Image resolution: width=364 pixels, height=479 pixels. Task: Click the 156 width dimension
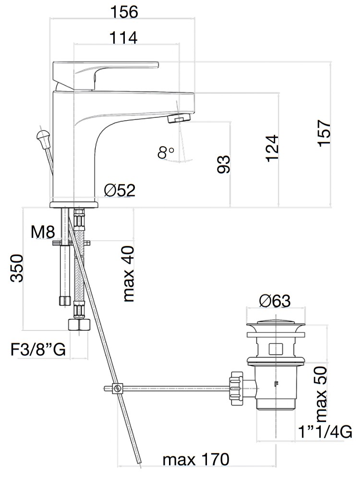123,12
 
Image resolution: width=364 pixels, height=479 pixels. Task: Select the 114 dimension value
123,38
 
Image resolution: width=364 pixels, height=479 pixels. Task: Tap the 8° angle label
166,152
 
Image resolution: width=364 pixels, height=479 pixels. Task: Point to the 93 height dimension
224,164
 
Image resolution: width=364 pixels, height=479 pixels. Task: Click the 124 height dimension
272,148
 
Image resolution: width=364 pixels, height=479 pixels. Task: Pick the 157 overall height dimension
325,133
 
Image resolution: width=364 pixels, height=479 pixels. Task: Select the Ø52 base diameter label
119,191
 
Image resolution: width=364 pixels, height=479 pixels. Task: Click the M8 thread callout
43,232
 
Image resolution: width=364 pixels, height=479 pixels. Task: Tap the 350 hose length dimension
16,268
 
